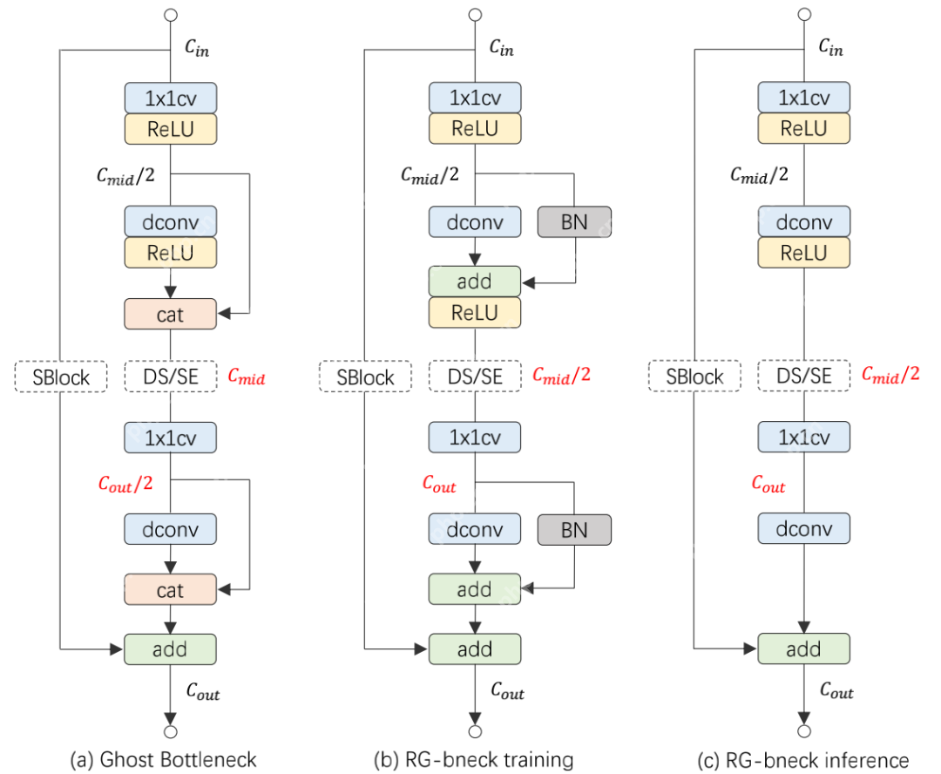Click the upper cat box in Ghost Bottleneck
point(170,314)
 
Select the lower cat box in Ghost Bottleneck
point(170,590)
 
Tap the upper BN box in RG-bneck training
point(575,221)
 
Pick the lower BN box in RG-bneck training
point(575,529)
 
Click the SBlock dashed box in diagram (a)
point(60,377)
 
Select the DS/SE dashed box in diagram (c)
point(803,377)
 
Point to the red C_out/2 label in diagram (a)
point(127,484)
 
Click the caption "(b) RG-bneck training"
point(474,759)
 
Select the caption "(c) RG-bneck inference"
point(803,759)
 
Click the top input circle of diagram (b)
point(475,15)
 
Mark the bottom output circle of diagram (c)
point(804,731)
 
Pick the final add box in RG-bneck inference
point(803,649)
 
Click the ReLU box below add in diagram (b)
point(475,313)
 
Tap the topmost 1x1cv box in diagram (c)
point(803,97)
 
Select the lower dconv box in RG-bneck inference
point(803,529)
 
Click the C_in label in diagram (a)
point(197,49)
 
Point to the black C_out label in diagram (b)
point(506,693)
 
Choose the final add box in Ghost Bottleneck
point(170,649)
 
